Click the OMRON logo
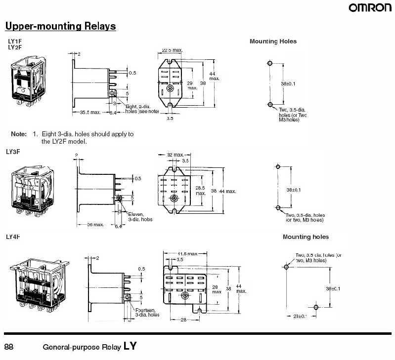370,7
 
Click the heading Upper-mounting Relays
60,26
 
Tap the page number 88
9,347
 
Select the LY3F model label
13,152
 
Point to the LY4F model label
13,237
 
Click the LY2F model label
15,47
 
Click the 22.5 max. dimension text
172,50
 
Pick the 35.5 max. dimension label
90,113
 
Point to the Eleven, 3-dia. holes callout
140,216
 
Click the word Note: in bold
19,134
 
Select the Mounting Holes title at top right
273,41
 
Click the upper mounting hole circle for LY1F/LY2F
269,64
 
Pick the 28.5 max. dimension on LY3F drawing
201,190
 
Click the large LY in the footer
130,347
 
